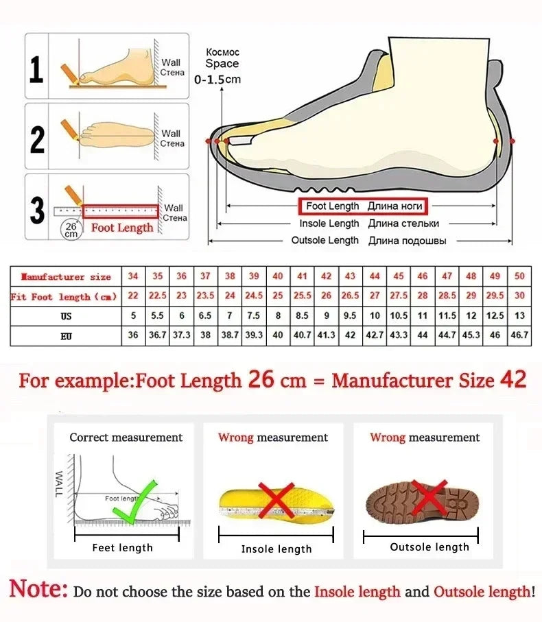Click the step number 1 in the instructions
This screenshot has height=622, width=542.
click(x=36, y=71)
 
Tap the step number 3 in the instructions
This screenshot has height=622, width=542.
click(x=36, y=211)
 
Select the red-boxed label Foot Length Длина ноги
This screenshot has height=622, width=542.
click(x=362, y=206)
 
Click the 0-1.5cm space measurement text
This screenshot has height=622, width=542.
click(x=217, y=80)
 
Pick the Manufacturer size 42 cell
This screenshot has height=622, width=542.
click(x=327, y=276)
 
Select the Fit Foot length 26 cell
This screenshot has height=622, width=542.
click(x=327, y=296)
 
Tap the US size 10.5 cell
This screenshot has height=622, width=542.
click(x=399, y=316)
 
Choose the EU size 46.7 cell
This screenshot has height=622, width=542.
click(x=519, y=336)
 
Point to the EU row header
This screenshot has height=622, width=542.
click(x=66, y=336)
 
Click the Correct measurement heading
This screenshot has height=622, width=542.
click(x=126, y=438)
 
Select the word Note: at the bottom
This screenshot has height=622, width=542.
click(x=38, y=590)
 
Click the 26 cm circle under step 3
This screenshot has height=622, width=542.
click(x=71, y=230)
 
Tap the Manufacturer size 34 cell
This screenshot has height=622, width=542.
click(x=133, y=276)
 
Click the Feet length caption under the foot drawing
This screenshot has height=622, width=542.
click(x=123, y=547)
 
